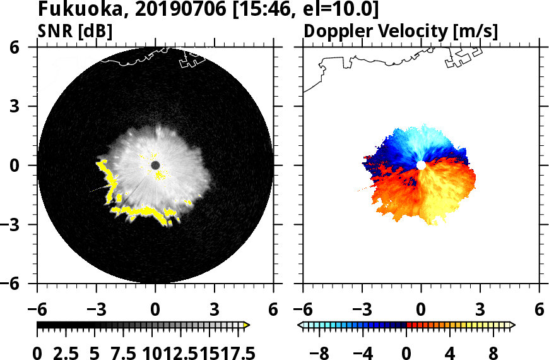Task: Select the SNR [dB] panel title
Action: pos(75,31)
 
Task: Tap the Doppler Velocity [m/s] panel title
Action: pos(401,31)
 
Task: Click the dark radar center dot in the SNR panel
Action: pos(155,165)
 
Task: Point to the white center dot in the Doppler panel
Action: pos(421,165)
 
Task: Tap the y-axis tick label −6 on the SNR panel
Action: pos(22,284)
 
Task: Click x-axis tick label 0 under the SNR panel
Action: pos(155,309)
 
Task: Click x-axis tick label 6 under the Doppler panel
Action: pos(539,309)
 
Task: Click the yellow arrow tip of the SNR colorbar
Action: pos(247,325)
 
